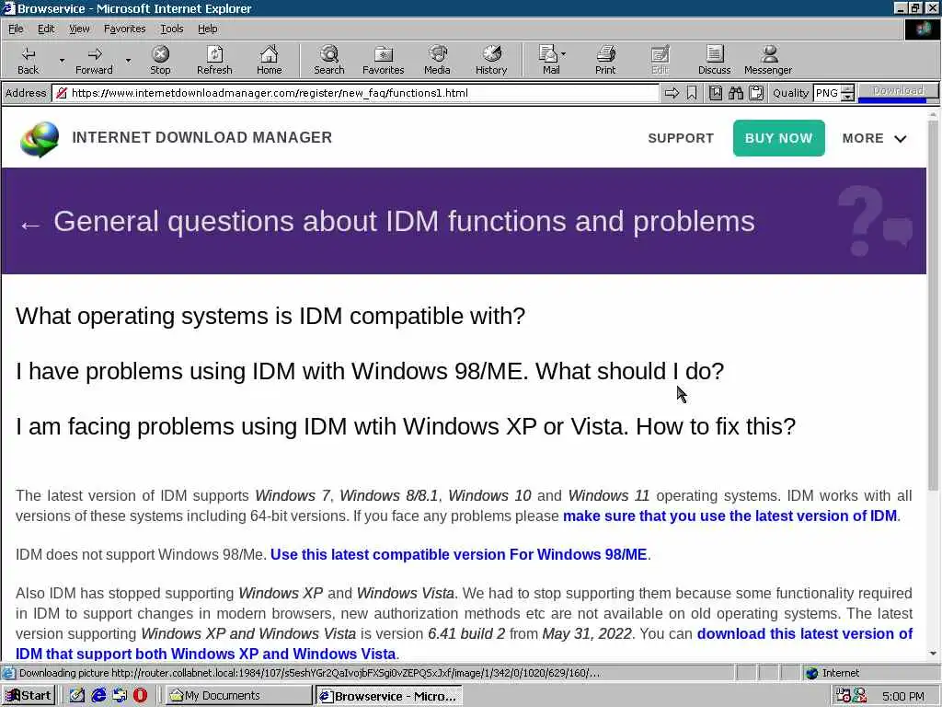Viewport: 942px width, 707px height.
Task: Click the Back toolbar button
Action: [x=28, y=61]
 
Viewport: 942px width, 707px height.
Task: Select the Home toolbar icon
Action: [x=270, y=61]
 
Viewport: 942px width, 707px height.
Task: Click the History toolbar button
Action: [x=491, y=61]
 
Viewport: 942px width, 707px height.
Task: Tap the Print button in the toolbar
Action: [x=605, y=61]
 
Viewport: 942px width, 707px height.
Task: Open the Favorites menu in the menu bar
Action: [x=124, y=29]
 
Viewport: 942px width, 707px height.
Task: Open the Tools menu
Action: [x=172, y=29]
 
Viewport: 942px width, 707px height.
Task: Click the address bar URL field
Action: [x=361, y=93]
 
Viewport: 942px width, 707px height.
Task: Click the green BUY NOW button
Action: [x=778, y=138]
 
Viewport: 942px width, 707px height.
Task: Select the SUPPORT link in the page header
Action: [x=681, y=138]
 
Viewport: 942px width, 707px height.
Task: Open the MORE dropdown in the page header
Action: [x=874, y=138]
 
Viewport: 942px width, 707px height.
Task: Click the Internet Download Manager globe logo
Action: [x=40, y=139]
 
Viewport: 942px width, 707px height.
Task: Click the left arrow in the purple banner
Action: [x=30, y=226]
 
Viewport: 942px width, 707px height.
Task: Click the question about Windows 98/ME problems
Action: [x=370, y=371]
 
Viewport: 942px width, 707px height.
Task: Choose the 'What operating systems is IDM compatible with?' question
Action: [x=270, y=316]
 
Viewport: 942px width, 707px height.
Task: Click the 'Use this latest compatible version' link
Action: [x=458, y=554]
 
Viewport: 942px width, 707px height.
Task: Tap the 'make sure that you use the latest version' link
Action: [x=729, y=516]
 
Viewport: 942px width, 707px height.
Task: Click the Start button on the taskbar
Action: [x=29, y=696]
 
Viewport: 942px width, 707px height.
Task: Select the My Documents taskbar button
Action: [x=237, y=696]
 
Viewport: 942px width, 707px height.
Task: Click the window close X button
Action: [x=932, y=7]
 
